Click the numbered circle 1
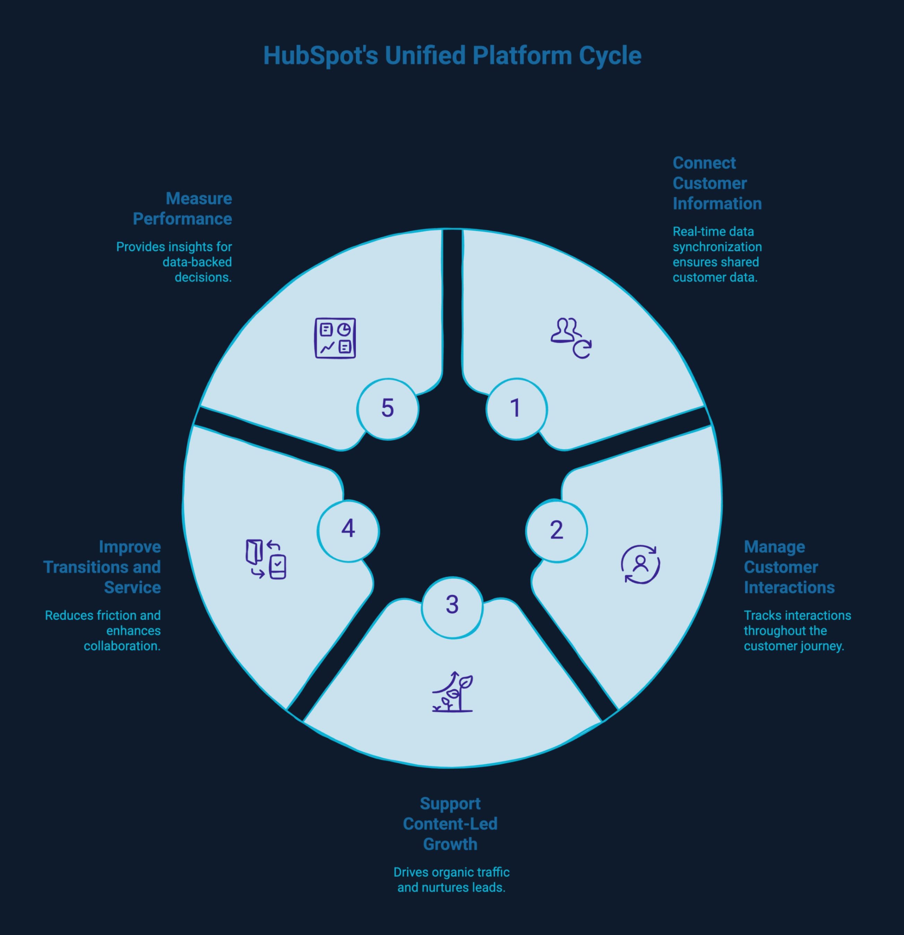[x=516, y=409]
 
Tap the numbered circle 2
[x=556, y=531]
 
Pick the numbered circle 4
[x=348, y=530]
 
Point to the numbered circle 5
[x=387, y=409]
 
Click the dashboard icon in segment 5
[x=335, y=338]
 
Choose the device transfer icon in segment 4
[x=266, y=559]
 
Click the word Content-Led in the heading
[x=450, y=824]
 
